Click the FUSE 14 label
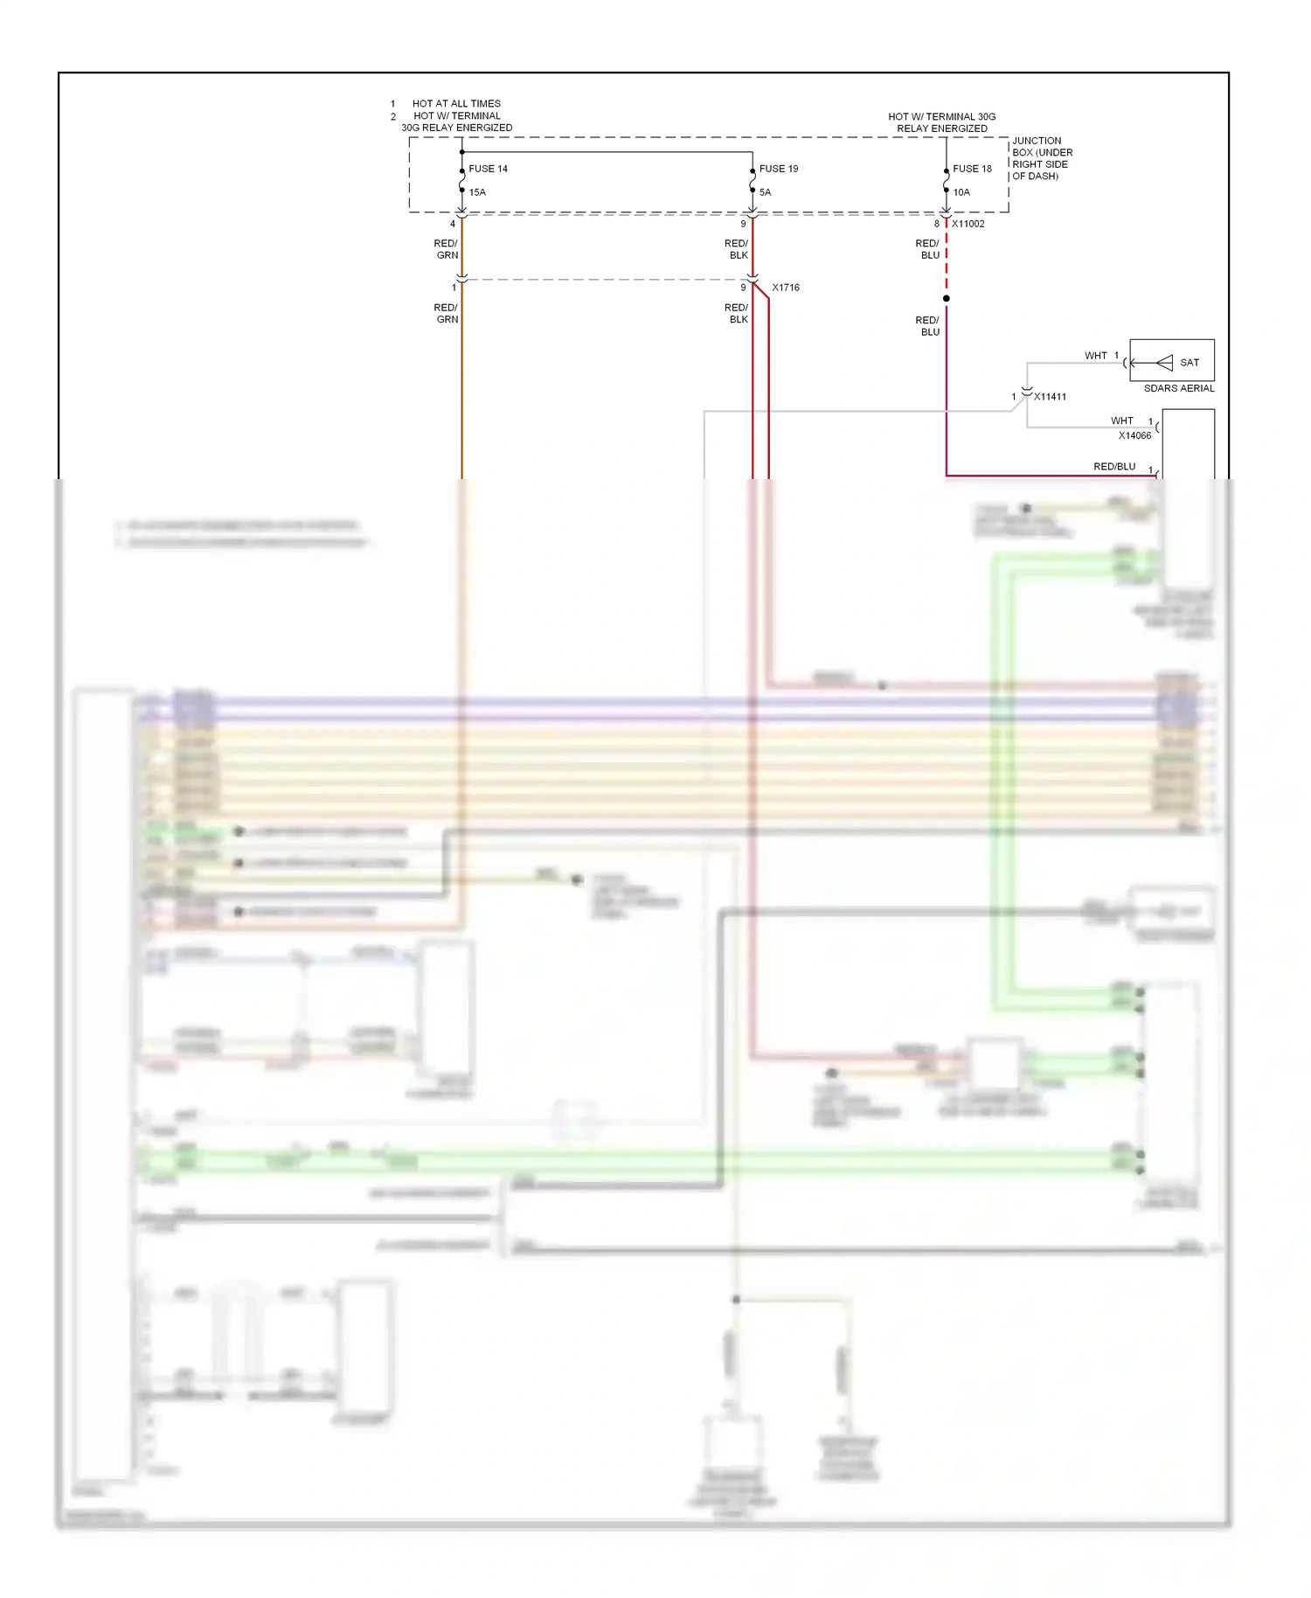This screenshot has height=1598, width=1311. point(488,169)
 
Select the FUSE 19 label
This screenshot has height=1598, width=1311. point(778,169)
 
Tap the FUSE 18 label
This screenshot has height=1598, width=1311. point(972,169)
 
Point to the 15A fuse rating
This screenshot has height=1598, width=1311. point(477,192)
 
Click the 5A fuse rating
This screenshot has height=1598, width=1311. point(765,192)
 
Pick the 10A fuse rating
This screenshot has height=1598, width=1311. point(961,192)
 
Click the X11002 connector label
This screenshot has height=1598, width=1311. point(968,224)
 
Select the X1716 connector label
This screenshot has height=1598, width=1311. point(785,288)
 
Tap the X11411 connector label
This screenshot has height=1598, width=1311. point(1050,397)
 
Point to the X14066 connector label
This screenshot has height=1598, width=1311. point(1134,435)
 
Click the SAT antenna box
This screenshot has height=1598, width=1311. point(1171,360)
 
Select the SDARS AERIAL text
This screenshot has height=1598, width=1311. point(1178,388)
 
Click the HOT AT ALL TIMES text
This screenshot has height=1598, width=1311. point(456,103)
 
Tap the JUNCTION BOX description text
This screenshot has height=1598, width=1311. point(1041,158)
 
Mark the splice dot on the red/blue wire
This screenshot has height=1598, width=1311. point(946,298)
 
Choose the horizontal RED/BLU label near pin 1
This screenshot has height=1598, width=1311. point(1114,467)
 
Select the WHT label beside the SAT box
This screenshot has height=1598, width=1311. point(1095,356)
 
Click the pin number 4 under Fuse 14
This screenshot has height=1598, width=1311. point(452,224)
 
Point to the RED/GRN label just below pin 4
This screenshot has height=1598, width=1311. point(446,249)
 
